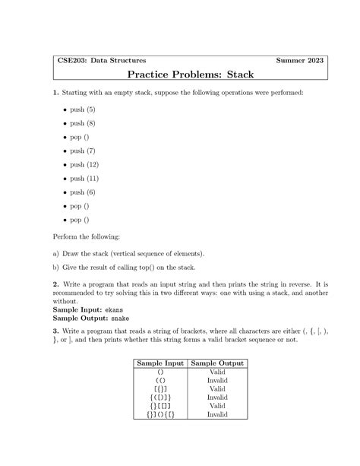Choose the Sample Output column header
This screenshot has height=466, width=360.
(x=217, y=364)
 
